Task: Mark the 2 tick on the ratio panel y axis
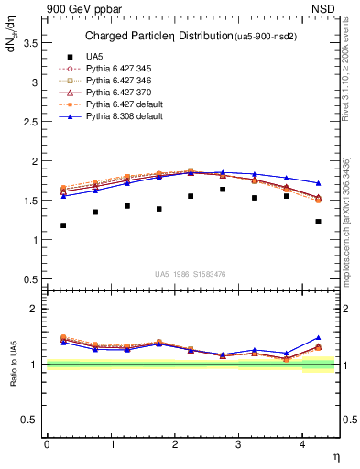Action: (x=36, y=309)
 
